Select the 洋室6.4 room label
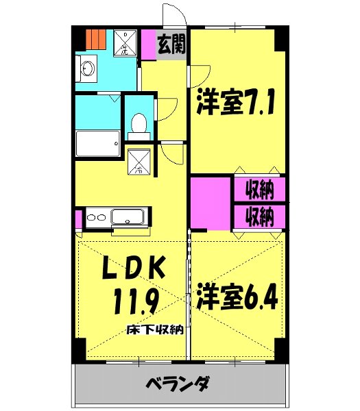pyautogui.click(x=238, y=299)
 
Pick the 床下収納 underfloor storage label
pyautogui.click(x=154, y=330)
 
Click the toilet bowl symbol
pyautogui.click(x=137, y=124)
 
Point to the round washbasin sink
pyautogui.click(x=87, y=69)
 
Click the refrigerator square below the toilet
pyautogui.click(x=139, y=161)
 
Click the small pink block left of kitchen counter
pyautogui.click(x=78, y=219)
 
